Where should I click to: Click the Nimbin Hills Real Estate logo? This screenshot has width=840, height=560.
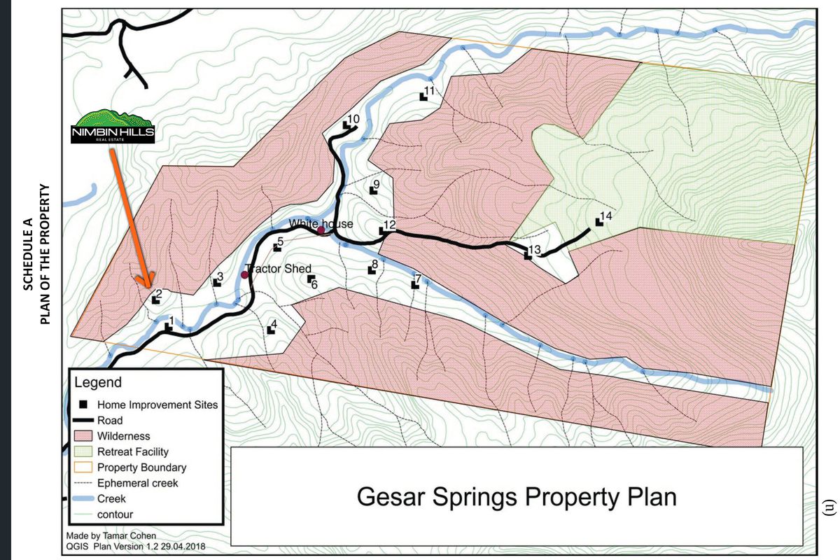coord(113,126)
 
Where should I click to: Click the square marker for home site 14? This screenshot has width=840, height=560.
coord(599,222)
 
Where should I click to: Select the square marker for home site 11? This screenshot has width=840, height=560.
coord(423,97)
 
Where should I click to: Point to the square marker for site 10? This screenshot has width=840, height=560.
coord(346,126)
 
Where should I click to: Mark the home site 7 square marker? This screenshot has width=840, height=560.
coord(414,284)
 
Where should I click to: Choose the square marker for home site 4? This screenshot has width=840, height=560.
coord(271,330)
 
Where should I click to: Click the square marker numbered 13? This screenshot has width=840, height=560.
coord(528,256)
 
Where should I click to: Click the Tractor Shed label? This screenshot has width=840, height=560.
coord(278,269)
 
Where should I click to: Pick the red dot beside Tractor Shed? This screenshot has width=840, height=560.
coord(244,274)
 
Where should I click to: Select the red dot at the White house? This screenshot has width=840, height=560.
coord(321,230)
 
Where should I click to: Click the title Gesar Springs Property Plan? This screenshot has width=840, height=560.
coord(517,497)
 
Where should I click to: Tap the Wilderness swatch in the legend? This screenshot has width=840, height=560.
coord(83,436)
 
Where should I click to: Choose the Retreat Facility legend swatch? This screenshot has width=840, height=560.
coord(83,452)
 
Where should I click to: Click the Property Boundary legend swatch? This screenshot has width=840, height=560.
coord(83,468)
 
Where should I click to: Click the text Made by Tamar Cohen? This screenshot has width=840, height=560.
coord(106,535)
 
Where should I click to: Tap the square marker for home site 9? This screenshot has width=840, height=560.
coord(373,191)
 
